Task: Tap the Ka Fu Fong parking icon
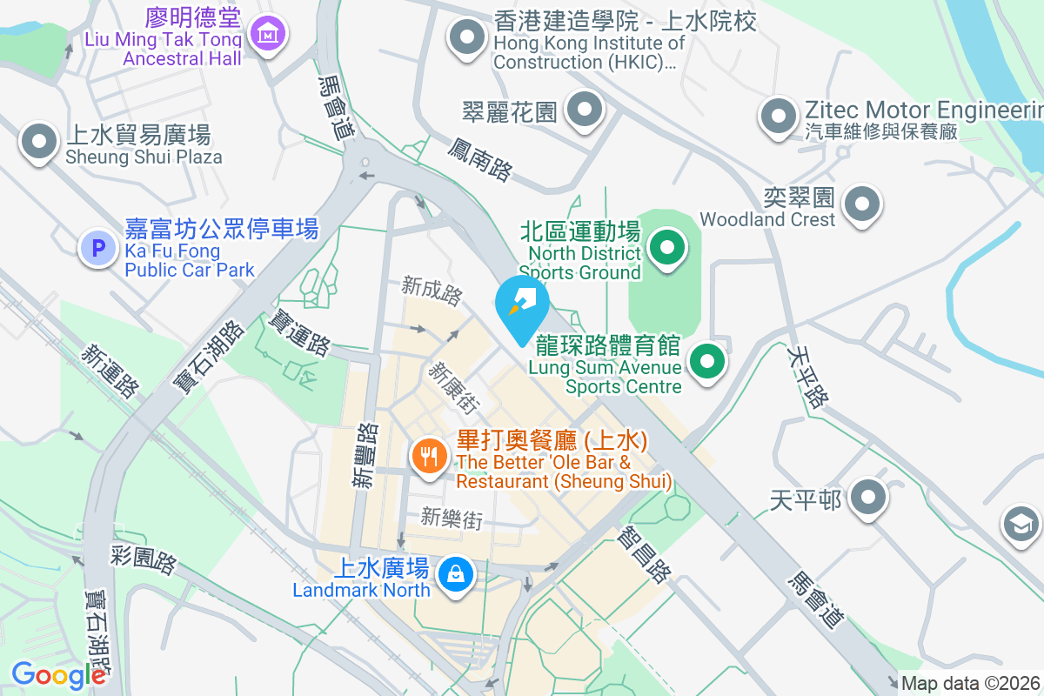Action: point(98,248)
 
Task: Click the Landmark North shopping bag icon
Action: point(454,574)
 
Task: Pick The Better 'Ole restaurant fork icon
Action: point(429,455)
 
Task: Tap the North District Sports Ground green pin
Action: point(667,250)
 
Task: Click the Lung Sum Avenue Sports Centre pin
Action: point(708,360)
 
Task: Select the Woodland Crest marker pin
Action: point(862,204)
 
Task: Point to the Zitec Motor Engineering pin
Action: point(779,116)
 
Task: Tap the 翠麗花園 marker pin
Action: point(585,111)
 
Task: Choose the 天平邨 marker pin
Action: point(867,499)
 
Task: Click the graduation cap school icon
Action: point(1021,525)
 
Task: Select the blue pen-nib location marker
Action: point(522,304)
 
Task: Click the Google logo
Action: point(58,674)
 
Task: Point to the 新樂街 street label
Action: point(451,519)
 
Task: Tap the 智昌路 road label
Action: point(646,557)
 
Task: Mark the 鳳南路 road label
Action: point(480,158)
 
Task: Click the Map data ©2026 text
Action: point(971,683)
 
